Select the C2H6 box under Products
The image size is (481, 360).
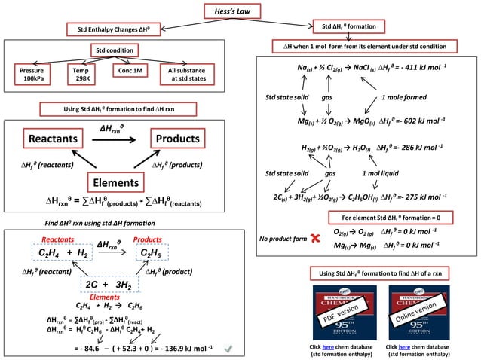point(155,252)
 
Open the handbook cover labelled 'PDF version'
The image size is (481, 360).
point(335,312)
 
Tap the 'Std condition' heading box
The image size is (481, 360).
point(112,50)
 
